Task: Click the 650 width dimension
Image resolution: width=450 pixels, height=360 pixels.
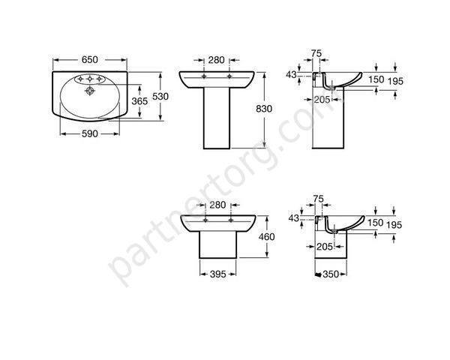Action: click(x=90, y=60)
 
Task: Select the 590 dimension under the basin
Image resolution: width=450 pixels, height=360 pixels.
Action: click(x=90, y=133)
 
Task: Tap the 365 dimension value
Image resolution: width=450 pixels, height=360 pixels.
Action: click(x=139, y=101)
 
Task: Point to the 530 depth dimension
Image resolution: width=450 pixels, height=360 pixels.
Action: click(x=160, y=97)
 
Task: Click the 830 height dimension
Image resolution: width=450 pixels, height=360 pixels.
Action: click(x=264, y=109)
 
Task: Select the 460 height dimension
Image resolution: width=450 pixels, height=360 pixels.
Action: click(x=266, y=237)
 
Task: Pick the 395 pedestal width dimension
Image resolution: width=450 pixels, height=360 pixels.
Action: click(x=217, y=274)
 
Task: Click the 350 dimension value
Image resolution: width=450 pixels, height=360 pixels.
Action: click(x=331, y=274)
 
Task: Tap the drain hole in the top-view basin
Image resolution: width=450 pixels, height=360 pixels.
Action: click(x=90, y=91)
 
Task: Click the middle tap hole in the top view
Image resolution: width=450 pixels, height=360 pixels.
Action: click(x=90, y=79)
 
